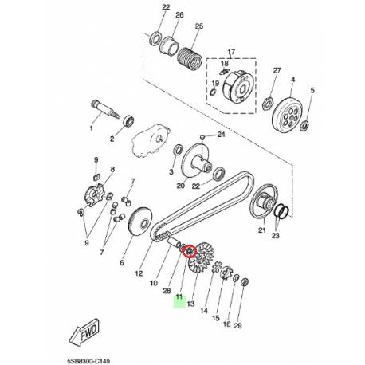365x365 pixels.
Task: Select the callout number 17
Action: tap(233, 52)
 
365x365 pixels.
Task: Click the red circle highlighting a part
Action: tap(190, 251)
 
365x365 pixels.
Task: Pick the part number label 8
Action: tap(112, 169)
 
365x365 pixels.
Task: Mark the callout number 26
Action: tap(179, 15)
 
